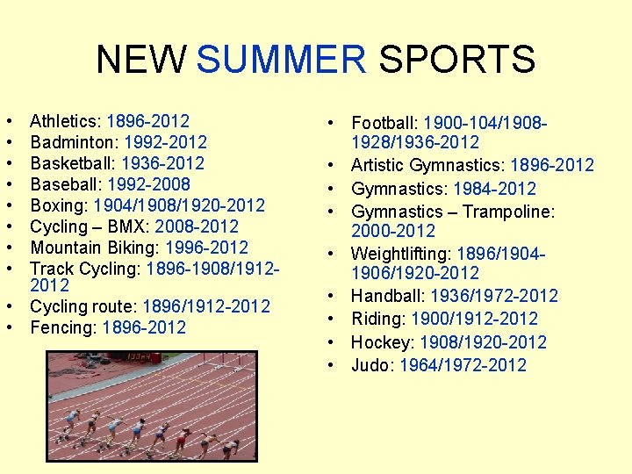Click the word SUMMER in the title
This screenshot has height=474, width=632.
click(281, 60)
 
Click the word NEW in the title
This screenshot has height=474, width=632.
click(140, 60)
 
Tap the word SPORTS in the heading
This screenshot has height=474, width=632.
click(456, 60)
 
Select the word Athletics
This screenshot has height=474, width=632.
click(65, 121)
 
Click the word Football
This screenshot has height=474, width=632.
click(386, 123)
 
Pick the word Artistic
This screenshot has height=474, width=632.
click(381, 165)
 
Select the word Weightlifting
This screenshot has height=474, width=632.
click(402, 255)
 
